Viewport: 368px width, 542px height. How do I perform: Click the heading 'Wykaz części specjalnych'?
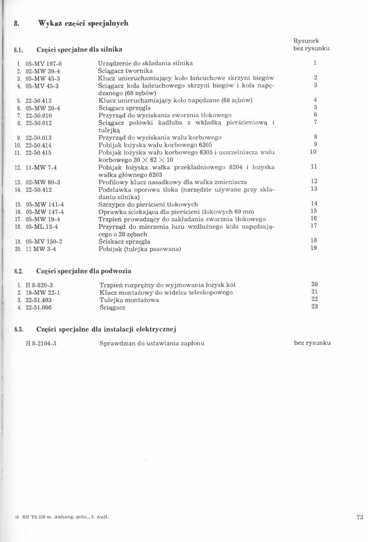pos(83,23)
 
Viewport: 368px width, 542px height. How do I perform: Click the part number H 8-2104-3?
pos(41,343)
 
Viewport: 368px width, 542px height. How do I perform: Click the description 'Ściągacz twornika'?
pos(125,70)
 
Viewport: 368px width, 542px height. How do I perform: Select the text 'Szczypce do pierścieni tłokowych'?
pos(148,204)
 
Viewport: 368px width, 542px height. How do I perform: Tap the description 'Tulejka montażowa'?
pos(129,300)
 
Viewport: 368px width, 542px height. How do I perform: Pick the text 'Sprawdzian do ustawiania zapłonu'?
pos(152,343)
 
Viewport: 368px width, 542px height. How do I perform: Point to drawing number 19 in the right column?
pos(314,249)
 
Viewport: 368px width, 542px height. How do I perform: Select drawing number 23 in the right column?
pos(315,307)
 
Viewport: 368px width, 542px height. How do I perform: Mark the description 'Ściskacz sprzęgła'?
pos(124,241)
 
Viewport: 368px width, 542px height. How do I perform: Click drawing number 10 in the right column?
pos(313,152)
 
